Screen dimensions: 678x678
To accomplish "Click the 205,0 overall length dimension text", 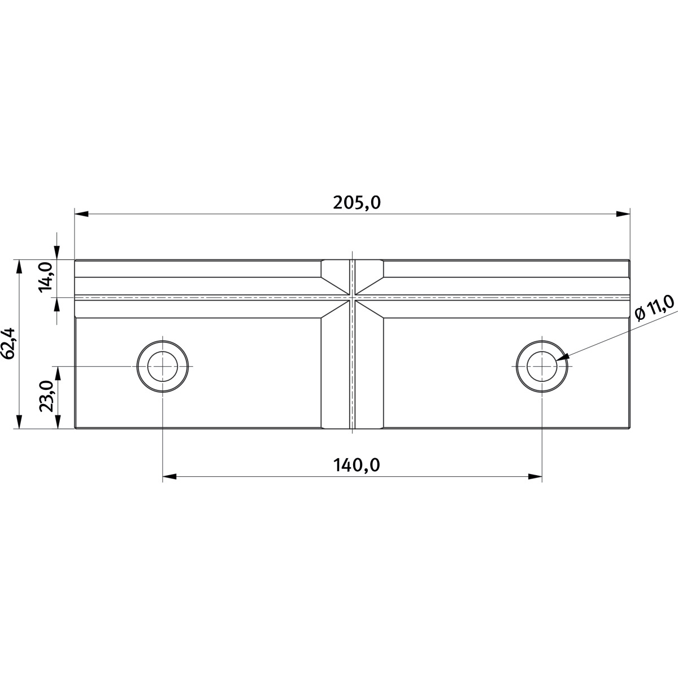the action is click(357, 203).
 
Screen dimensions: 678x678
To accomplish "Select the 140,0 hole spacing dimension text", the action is click(357, 465).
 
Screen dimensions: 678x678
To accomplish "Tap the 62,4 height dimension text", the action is click(8, 343).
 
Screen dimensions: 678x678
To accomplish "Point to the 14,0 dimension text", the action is click(46, 277).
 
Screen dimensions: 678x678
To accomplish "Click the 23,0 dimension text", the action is click(46, 396).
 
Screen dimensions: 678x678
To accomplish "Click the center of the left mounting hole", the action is click(163, 366).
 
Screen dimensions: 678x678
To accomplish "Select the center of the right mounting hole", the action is click(542, 366).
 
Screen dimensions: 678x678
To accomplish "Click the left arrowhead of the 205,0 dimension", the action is click(81, 214).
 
